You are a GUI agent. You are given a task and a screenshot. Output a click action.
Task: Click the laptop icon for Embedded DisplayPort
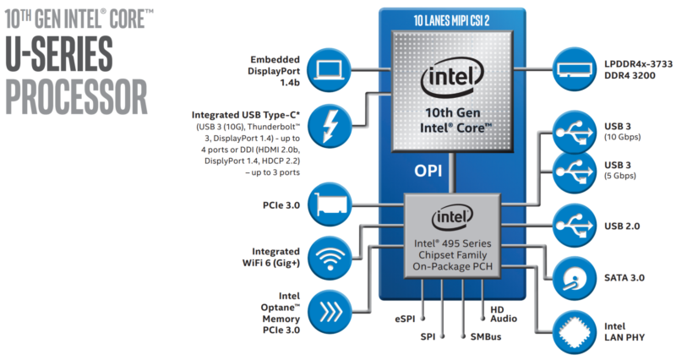pos(330,70)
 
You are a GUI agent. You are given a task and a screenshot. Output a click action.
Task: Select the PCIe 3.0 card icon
pos(330,204)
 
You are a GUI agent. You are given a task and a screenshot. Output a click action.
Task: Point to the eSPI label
pos(406,319)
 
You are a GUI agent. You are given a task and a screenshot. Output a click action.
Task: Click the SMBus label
pos(486,336)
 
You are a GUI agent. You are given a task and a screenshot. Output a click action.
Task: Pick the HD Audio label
pos(504,314)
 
